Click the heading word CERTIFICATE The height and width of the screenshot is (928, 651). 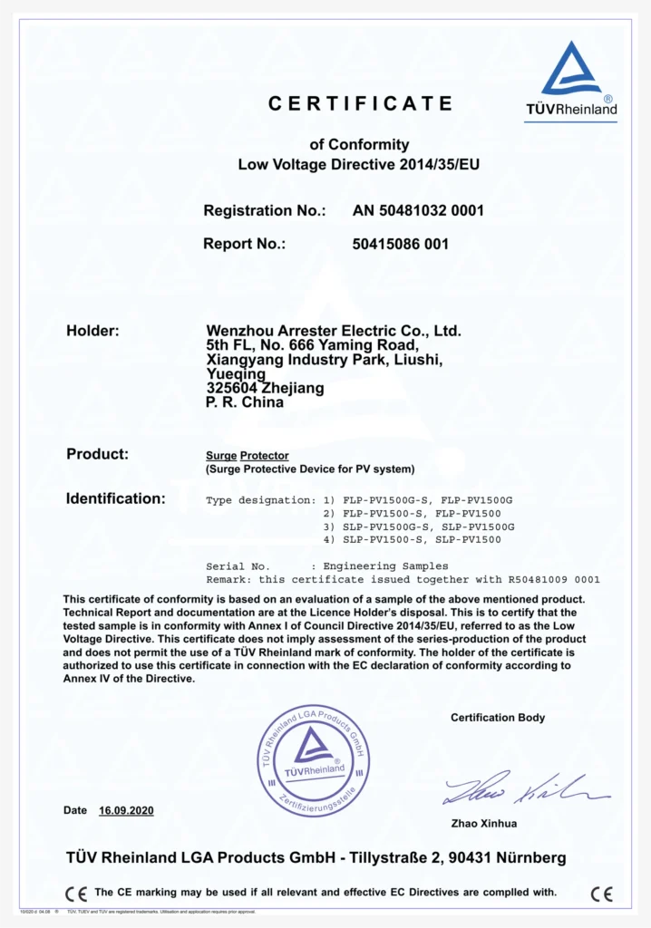(x=360, y=104)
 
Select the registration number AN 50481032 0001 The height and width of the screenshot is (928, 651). (x=418, y=210)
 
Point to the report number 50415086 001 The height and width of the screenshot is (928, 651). (x=400, y=244)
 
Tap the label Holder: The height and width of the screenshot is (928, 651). (x=92, y=331)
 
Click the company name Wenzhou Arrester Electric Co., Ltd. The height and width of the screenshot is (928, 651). (x=334, y=331)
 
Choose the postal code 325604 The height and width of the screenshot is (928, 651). (x=231, y=388)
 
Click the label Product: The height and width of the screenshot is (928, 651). (x=97, y=454)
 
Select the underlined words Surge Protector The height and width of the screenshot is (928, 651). (x=248, y=455)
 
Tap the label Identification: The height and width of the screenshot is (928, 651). (x=115, y=498)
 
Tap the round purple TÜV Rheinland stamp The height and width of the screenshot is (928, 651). (x=314, y=759)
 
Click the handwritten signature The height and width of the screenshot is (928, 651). (x=524, y=789)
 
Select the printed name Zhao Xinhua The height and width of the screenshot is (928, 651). (x=484, y=824)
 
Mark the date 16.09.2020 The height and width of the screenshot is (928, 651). (x=126, y=810)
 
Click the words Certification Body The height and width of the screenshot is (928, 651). (x=498, y=718)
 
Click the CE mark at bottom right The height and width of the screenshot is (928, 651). (x=601, y=894)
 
